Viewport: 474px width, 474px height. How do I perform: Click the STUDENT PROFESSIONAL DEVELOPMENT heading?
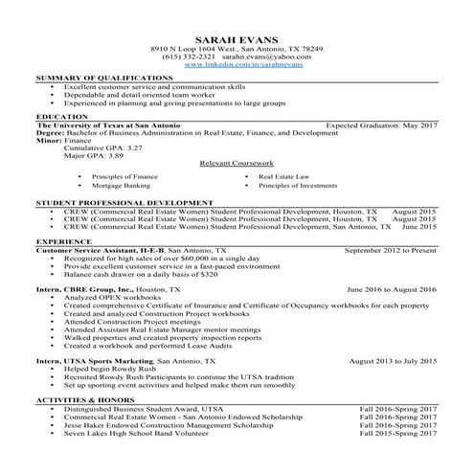[124, 204]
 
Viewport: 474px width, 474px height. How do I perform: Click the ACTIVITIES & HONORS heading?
[84, 399]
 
